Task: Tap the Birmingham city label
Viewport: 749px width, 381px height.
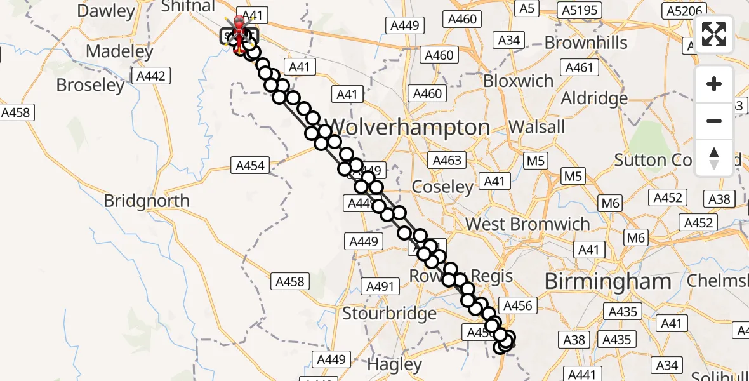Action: point(607,281)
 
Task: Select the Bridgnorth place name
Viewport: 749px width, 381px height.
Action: point(147,201)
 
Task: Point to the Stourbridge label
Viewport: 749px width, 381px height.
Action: point(389,313)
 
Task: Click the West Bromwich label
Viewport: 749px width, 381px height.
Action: point(527,224)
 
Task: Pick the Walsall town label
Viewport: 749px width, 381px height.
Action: point(537,126)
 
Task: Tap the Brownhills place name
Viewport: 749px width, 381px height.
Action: point(586,43)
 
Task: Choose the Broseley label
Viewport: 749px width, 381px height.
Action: point(91,85)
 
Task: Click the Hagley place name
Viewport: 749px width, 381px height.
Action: point(395,365)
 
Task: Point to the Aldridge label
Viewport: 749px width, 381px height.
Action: point(594,98)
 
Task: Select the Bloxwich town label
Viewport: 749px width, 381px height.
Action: point(519,81)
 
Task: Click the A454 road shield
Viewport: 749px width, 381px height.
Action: point(250,166)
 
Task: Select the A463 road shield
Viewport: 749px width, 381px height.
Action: point(446,160)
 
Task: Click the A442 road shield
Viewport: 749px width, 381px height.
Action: point(150,77)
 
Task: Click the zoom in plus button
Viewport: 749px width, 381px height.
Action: point(714,84)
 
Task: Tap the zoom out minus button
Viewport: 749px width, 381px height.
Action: point(714,121)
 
